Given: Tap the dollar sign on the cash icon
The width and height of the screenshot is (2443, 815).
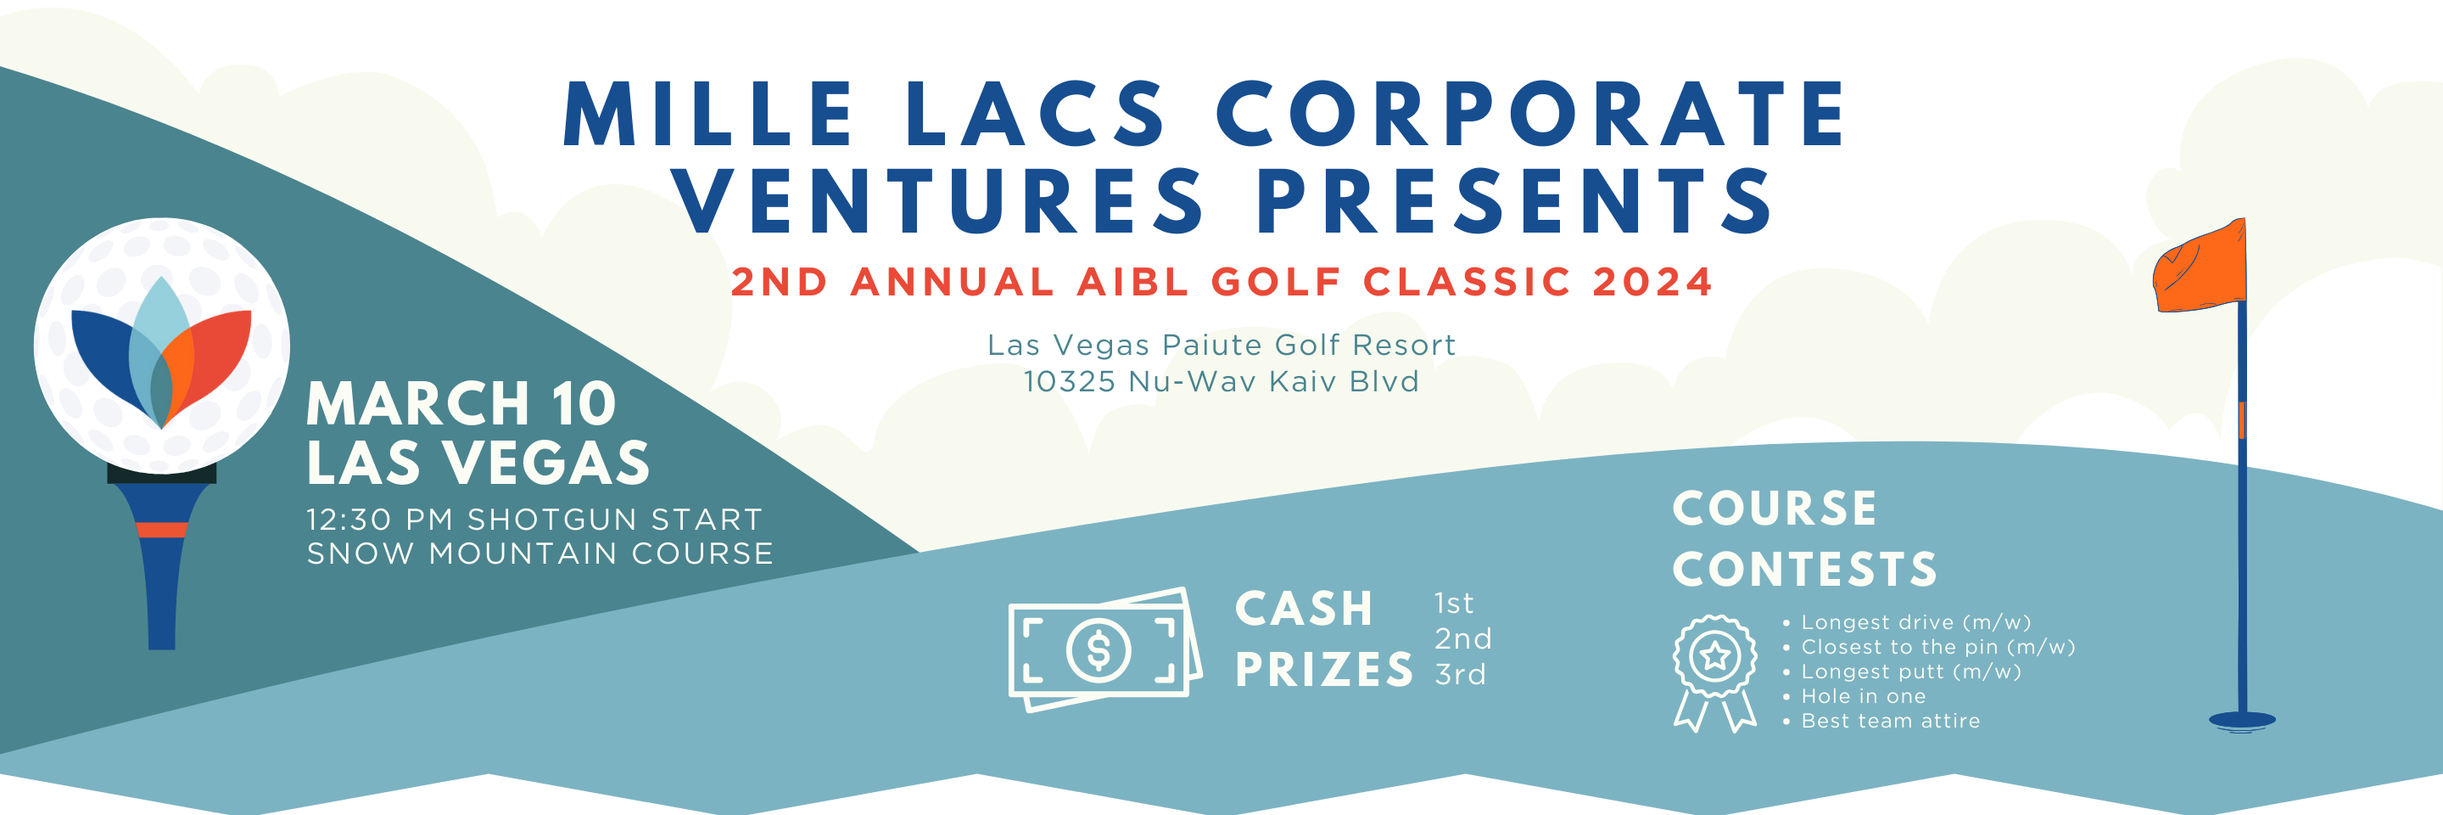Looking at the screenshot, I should click(x=1099, y=651).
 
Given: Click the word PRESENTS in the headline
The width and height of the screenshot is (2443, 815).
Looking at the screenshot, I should click(x=1513, y=201).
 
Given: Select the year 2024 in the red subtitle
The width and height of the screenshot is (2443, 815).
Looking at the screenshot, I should click(x=1652, y=282).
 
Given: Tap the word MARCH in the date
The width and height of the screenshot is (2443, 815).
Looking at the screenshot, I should click(x=417, y=404).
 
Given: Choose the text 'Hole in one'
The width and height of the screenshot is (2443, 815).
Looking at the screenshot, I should click(x=1863, y=696).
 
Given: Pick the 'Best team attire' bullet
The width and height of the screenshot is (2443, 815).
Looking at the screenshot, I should click(x=1890, y=721).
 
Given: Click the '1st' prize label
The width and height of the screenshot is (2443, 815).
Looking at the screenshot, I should click(x=1453, y=604).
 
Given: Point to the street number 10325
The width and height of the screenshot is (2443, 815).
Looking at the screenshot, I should click(x=1069, y=381).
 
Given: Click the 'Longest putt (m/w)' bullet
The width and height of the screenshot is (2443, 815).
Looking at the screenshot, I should click(x=1910, y=672).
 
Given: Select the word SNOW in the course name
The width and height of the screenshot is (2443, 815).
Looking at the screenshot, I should click(x=361, y=554).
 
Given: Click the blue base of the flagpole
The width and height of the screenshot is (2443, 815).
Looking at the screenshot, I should click(x=2241, y=721).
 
